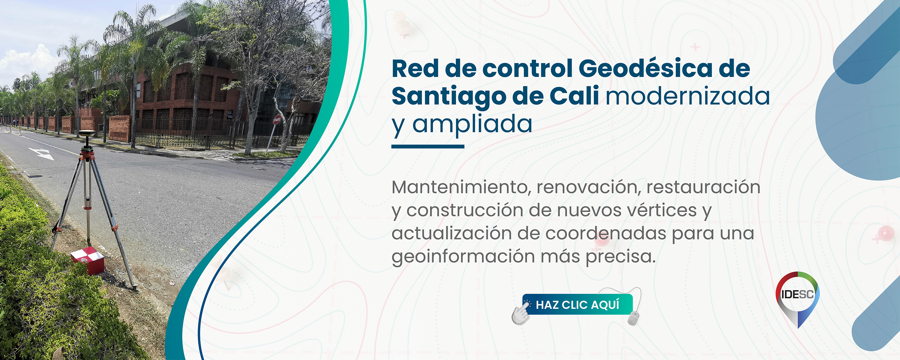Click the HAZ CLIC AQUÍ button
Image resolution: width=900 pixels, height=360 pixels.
tap(577, 304)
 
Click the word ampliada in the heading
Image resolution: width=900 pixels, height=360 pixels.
tap(472, 124)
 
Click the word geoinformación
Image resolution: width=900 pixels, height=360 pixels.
tap(463, 257)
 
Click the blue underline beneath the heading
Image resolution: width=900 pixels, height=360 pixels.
tap(428, 146)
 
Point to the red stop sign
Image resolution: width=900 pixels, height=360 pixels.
tap(277, 120)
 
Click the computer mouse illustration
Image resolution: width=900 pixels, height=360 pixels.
tap(633, 318)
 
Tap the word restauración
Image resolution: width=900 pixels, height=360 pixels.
tap(703, 187)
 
